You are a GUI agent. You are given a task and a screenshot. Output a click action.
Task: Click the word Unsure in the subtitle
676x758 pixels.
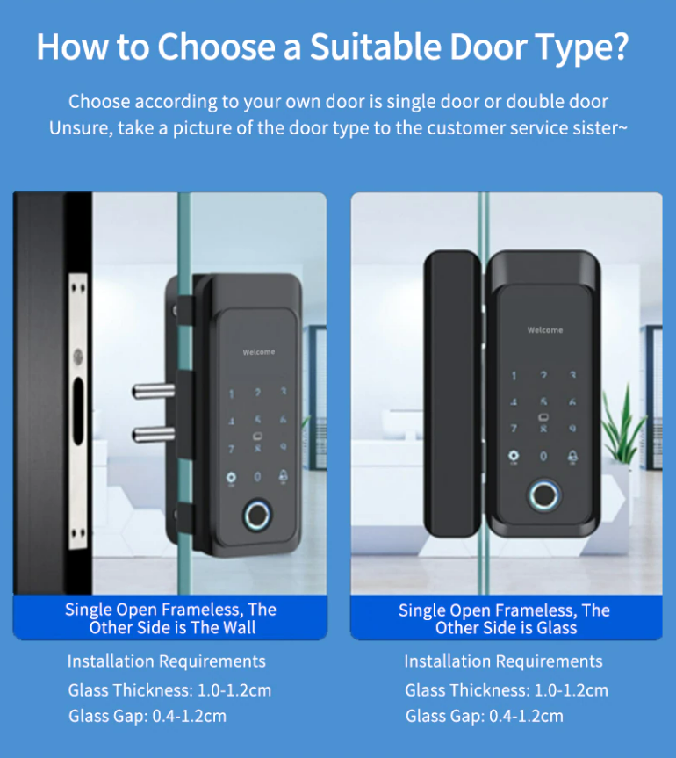(79, 128)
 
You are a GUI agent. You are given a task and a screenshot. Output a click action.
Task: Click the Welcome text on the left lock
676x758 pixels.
(259, 352)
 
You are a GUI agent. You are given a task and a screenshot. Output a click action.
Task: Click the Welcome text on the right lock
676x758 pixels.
(544, 330)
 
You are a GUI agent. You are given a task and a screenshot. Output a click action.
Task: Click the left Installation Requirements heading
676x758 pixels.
(166, 661)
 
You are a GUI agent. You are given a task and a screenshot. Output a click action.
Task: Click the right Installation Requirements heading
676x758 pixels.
(503, 661)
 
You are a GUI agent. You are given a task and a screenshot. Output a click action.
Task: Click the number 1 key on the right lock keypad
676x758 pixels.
(514, 376)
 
